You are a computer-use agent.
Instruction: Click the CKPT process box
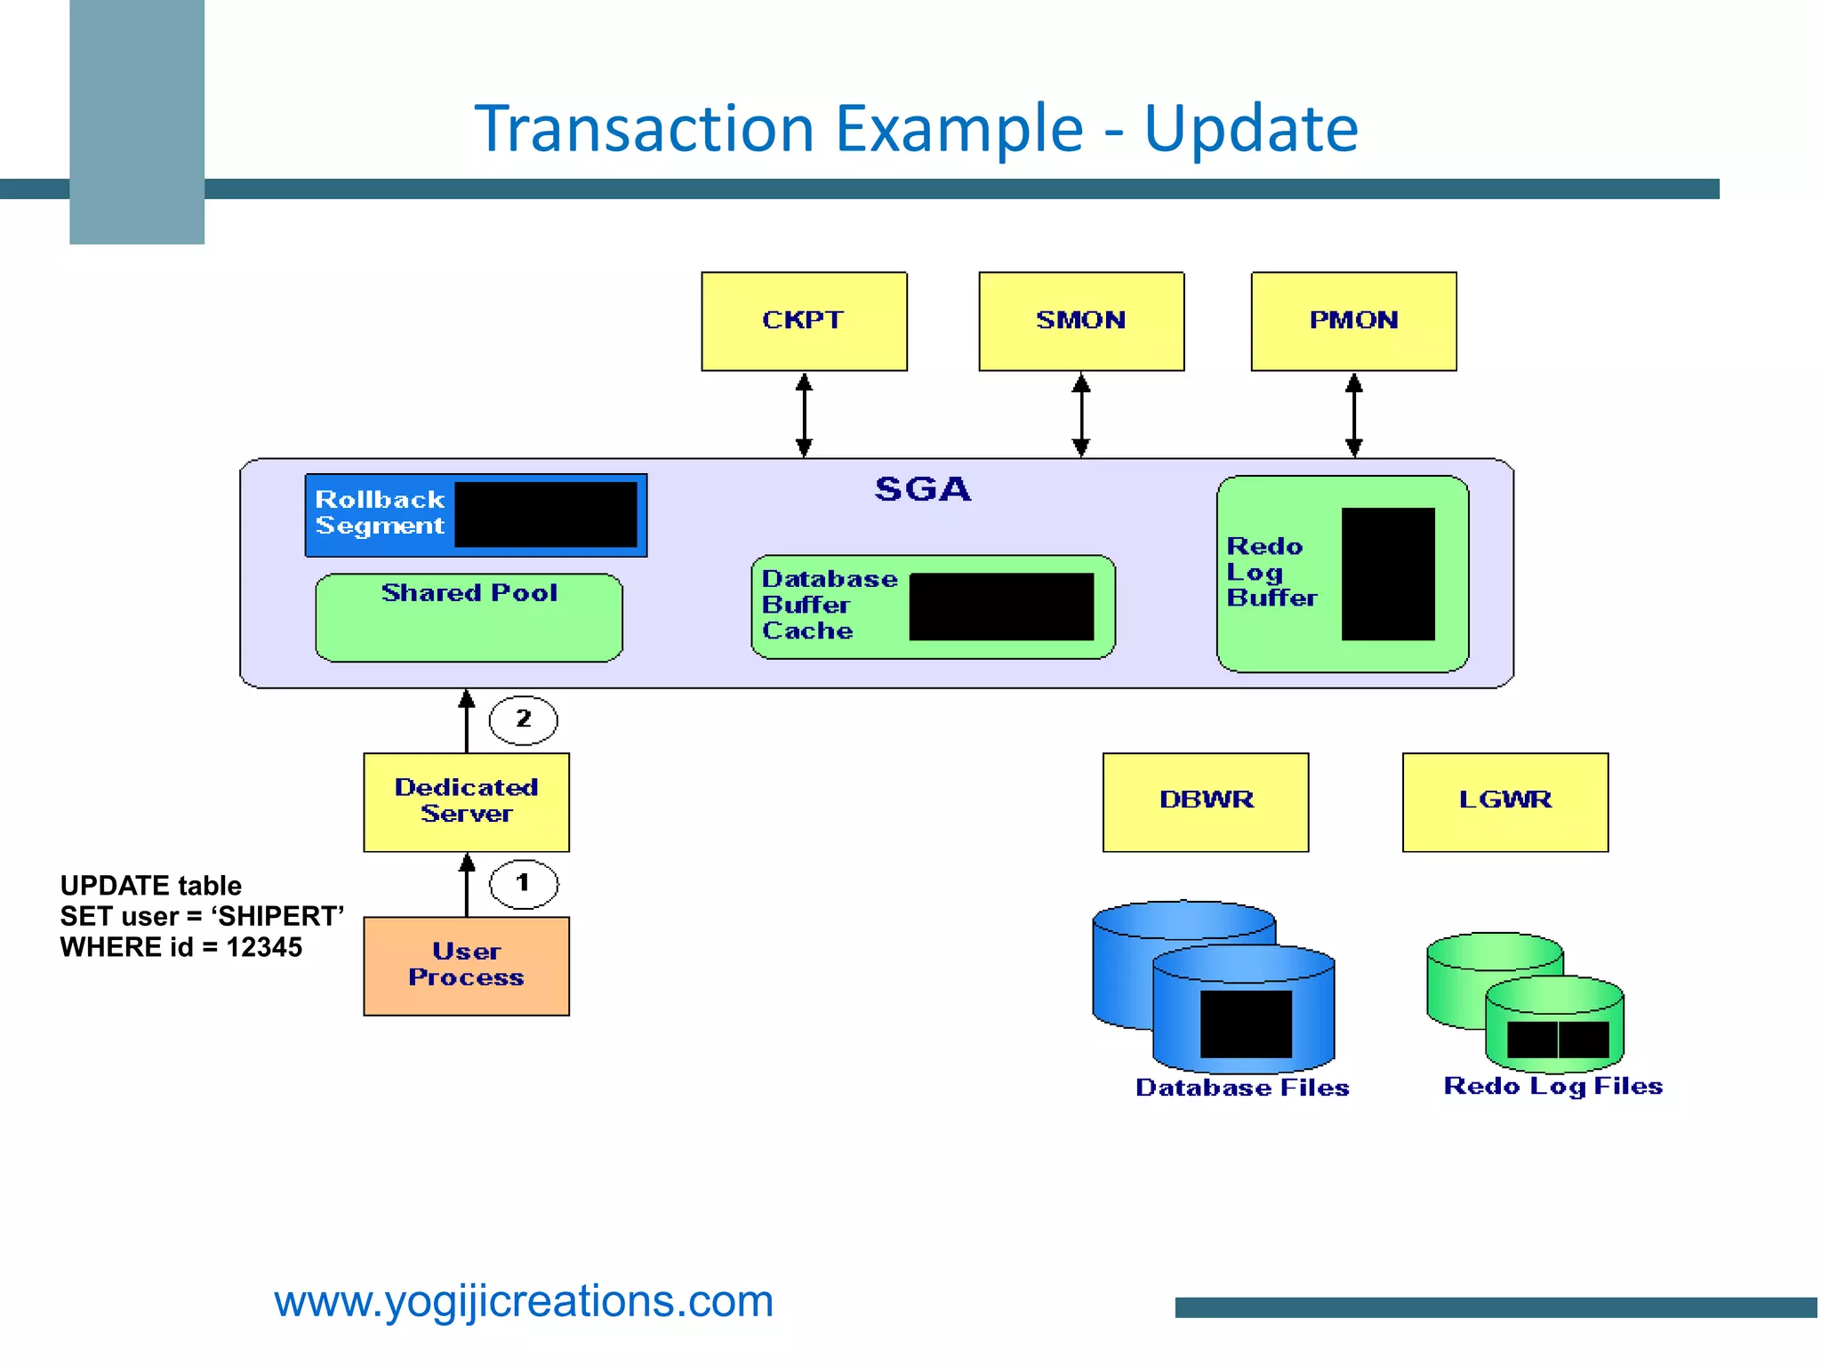click(x=804, y=321)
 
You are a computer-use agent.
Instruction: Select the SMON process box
click(x=1081, y=321)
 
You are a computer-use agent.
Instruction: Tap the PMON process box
click(x=1353, y=321)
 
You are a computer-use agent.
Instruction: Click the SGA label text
click(x=922, y=489)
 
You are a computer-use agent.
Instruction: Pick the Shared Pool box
click(x=469, y=617)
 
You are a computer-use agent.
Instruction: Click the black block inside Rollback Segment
click(x=546, y=515)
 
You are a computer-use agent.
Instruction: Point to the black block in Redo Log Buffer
click(x=1387, y=574)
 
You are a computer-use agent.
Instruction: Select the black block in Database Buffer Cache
click(x=1001, y=607)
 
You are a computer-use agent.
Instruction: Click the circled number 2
click(x=524, y=719)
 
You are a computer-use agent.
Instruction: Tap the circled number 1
click(x=524, y=883)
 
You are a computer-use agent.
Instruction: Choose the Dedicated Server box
click(x=466, y=801)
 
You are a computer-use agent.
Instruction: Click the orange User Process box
click(x=466, y=966)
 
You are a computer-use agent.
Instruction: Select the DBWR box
click(x=1206, y=801)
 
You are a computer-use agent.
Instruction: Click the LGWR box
click(x=1504, y=801)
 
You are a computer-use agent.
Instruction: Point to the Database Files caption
click(x=1242, y=1088)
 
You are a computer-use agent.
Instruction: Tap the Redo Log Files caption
click(x=1552, y=1086)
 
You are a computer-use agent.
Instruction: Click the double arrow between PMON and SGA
click(x=1353, y=414)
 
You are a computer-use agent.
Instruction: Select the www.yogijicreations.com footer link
click(x=524, y=1302)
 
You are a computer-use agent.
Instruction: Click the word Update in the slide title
click(x=1250, y=129)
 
